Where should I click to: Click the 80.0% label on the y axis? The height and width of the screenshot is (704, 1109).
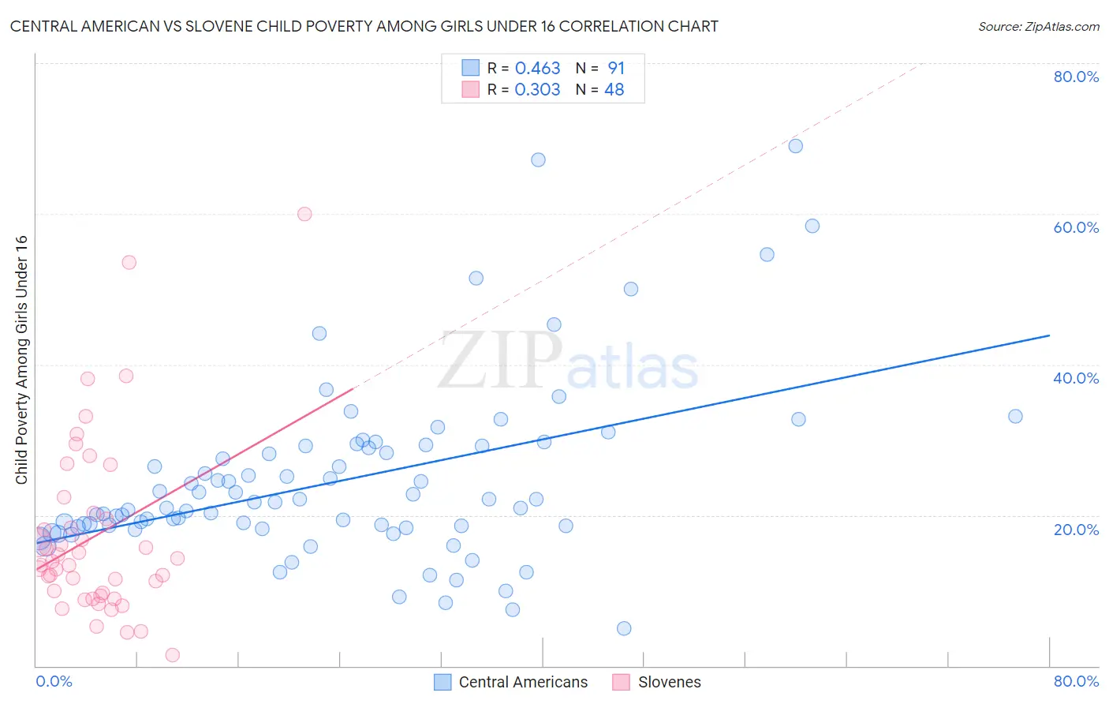(1076, 77)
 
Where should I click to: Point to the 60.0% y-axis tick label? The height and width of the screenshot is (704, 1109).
(1076, 227)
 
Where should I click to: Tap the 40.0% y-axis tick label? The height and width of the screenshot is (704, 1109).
(1076, 378)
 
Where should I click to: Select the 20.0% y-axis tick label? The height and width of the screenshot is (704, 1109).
(1076, 530)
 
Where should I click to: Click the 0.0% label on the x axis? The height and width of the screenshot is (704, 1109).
(54, 681)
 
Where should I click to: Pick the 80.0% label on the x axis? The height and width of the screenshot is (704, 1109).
(1076, 681)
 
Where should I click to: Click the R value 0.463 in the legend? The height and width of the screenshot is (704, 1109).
(537, 69)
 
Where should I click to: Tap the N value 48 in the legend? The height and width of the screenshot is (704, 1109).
(614, 90)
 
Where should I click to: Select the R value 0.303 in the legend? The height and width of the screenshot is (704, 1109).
(537, 90)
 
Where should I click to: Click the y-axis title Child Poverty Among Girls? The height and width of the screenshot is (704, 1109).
(21, 360)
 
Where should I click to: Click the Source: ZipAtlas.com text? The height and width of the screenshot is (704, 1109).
(1038, 27)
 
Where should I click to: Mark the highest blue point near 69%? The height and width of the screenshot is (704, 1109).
(796, 146)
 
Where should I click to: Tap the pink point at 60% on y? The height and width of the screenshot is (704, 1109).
(304, 214)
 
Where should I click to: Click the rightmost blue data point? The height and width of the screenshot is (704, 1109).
(1015, 416)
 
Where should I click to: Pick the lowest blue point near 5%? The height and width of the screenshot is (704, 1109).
(624, 628)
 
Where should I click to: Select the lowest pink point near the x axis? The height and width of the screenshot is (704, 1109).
(173, 655)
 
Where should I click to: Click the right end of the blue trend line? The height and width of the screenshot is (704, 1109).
(1049, 335)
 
